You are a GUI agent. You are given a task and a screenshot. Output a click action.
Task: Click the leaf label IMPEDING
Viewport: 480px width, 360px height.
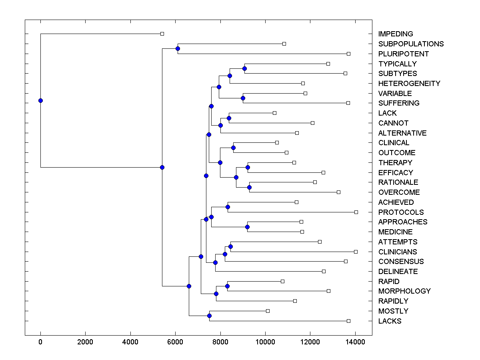click(x=395, y=34)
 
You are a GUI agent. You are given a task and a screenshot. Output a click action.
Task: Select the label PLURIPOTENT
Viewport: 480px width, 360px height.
click(x=403, y=54)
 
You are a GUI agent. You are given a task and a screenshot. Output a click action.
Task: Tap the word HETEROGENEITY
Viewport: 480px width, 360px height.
click(x=409, y=83)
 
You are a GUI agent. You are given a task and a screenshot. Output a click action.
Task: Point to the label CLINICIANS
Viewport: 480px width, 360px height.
click(x=397, y=252)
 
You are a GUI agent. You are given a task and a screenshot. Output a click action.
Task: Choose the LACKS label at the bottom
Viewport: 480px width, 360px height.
click(x=390, y=321)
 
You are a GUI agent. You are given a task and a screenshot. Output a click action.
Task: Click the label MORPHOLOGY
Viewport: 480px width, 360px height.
click(x=404, y=291)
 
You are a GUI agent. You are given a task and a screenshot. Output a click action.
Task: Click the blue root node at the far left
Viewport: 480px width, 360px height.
click(x=40, y=100)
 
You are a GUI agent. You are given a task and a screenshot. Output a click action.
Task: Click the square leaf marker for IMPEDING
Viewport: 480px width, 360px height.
click(x=162, y=34)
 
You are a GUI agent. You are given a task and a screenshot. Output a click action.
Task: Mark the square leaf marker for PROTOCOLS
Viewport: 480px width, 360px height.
click(x=356, y=212)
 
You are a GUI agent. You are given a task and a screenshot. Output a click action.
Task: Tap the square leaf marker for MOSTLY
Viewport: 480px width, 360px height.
click(x=268, y=311)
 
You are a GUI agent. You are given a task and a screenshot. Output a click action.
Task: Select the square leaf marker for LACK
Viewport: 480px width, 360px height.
click(x=274, y=113)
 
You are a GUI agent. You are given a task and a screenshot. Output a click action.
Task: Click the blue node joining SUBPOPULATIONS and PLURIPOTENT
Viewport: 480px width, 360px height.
click(x=178, y=48)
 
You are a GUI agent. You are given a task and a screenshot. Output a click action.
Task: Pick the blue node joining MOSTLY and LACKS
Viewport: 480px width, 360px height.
click(x=209, y=316)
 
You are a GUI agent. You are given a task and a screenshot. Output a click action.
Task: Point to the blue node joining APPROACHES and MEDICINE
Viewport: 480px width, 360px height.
click(x=247, y=227)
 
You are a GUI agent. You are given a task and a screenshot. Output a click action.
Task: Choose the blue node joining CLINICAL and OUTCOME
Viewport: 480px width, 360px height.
click(x=233, y=148)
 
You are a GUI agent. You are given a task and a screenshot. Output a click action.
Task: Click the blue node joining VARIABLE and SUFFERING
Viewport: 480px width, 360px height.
click(x=243, y=98)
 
